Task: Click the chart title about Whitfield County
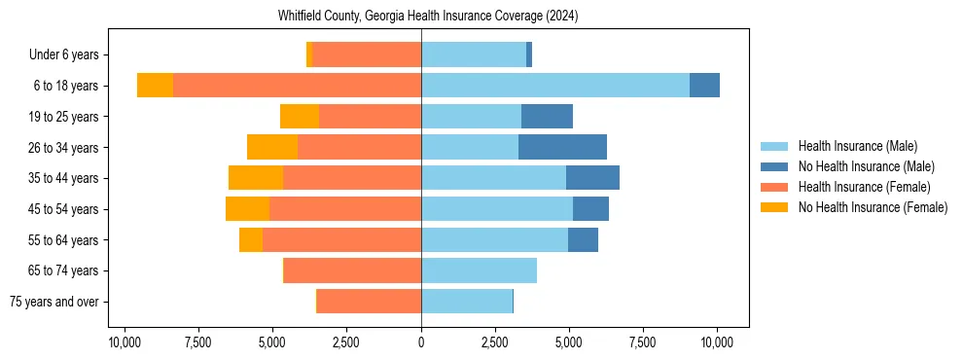coord(428,17)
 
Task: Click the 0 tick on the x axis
coord(421,342)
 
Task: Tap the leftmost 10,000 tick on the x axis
coord(125,342)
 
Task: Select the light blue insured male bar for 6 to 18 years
coord(555,86)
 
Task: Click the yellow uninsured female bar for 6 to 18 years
coord(155,86)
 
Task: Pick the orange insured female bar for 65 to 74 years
coord(352,270)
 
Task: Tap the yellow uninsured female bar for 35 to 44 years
coord(256,178)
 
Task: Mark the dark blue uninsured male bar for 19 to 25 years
coord(547,117)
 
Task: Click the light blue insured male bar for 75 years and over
coord(467,302)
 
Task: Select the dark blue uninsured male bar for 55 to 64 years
coord(583,239)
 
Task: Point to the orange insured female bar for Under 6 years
coord(367,55)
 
